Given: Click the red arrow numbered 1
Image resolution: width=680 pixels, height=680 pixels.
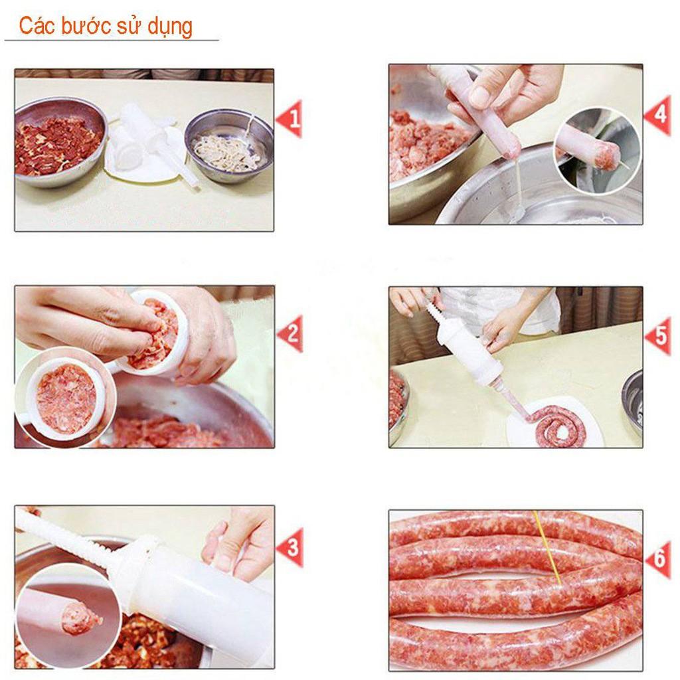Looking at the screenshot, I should point(290,119).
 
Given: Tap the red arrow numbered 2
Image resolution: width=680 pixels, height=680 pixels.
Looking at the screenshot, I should point(291,333).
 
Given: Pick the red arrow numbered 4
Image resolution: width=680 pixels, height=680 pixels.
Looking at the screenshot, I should point(657,116).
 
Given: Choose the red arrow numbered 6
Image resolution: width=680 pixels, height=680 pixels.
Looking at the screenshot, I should point(658,558).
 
